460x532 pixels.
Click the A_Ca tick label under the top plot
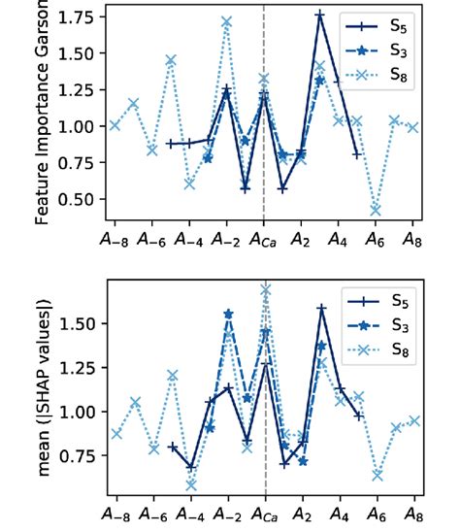[x=264, y=237]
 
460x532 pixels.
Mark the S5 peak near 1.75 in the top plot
[x=320, y=15]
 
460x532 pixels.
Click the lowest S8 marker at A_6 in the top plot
[x=376, y=210]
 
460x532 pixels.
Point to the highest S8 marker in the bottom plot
[x=265, y=289]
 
